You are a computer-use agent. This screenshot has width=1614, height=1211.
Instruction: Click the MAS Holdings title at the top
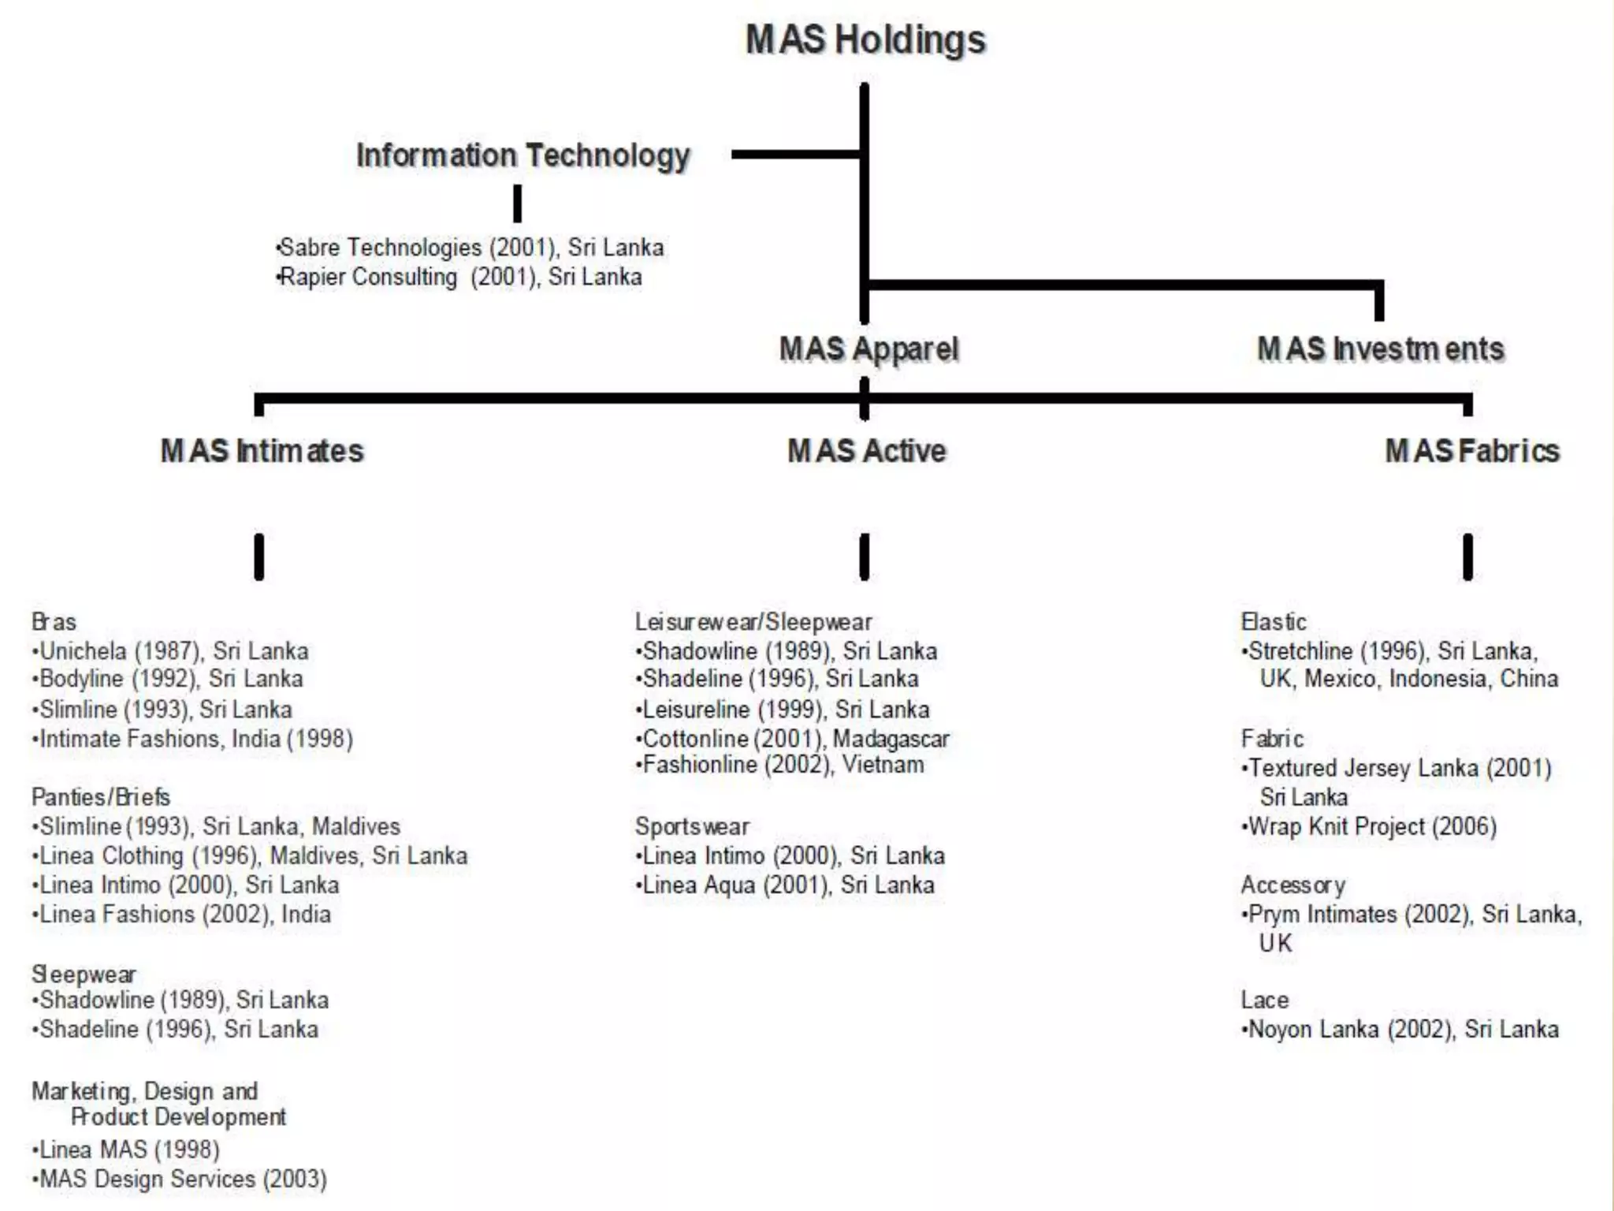tap(865, 40)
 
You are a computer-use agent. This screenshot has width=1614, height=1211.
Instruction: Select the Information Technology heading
tap(523, 155)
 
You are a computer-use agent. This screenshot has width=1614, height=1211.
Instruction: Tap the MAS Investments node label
tap(1380, 349)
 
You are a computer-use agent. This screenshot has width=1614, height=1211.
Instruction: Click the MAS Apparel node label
tap(868, 349)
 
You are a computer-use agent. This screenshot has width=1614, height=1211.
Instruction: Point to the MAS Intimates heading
tap(262, 451)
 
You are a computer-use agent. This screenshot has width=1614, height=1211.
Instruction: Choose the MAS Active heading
tap(866, 451)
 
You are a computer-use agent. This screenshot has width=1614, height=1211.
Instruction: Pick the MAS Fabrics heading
tap(1471, 451)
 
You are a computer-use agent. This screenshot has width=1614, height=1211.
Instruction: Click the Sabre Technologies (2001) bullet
tap(470, 248)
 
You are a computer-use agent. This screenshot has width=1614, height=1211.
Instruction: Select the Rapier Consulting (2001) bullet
tap(460, 277)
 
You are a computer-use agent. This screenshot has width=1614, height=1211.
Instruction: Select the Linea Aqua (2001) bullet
tap(787, 885)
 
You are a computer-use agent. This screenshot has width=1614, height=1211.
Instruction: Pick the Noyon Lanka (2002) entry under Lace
tap(1401, 1030)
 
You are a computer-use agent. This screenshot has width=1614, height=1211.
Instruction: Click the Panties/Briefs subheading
tap(101, 797)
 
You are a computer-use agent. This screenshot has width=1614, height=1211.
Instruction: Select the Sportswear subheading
tap(692, 826)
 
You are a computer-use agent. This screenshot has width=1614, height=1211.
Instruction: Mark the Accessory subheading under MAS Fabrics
tap(1292, 885)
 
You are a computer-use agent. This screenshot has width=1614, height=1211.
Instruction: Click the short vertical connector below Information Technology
tap(517, 203)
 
